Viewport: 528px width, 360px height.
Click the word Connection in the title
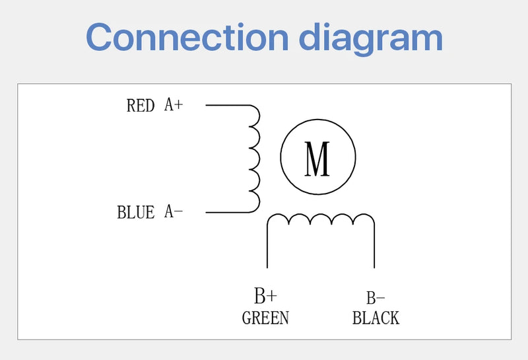click(187, 37)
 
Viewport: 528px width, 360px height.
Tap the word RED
click(141, 106)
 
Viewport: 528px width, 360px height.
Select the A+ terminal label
click(174, 104)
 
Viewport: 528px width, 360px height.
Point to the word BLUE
click(136, 213)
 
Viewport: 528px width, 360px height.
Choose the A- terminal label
click(174, 211)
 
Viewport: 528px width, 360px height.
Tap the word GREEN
click(265, 318)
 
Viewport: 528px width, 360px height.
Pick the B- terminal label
click(376, 298)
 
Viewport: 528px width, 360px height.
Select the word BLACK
click(376, 318)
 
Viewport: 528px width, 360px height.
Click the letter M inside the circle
click(317, 159)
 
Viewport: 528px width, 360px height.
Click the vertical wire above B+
click(267, 248)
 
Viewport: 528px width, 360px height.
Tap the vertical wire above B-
click(374, 248)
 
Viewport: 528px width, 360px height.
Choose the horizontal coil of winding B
click(321, 219)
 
